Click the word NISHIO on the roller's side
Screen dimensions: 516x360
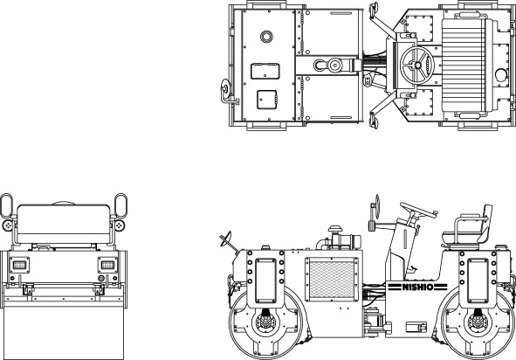pos(417,287)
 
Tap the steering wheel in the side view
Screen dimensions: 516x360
pos(418,211)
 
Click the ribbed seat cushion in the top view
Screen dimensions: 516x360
pos(464,65)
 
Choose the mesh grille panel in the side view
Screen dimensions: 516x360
pos(332,280)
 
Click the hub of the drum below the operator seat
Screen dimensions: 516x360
pos(476,322)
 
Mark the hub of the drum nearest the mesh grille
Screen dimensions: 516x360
pos(265,322)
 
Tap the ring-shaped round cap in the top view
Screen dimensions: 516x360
pos(266,37)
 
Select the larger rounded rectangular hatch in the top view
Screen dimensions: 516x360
pos(265,71)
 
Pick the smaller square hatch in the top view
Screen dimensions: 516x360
pos(267,100)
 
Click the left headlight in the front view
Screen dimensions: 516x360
pos(19,265)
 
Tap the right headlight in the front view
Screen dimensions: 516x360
pos(107,265)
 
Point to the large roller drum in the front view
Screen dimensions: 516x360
pos(64,333)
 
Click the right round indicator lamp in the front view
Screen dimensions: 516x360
pos(120,225)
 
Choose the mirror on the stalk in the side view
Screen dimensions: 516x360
pos(377,206)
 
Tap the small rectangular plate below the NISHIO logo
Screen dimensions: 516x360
pos(416,327)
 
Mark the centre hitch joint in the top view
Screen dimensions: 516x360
pos(334,66)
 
